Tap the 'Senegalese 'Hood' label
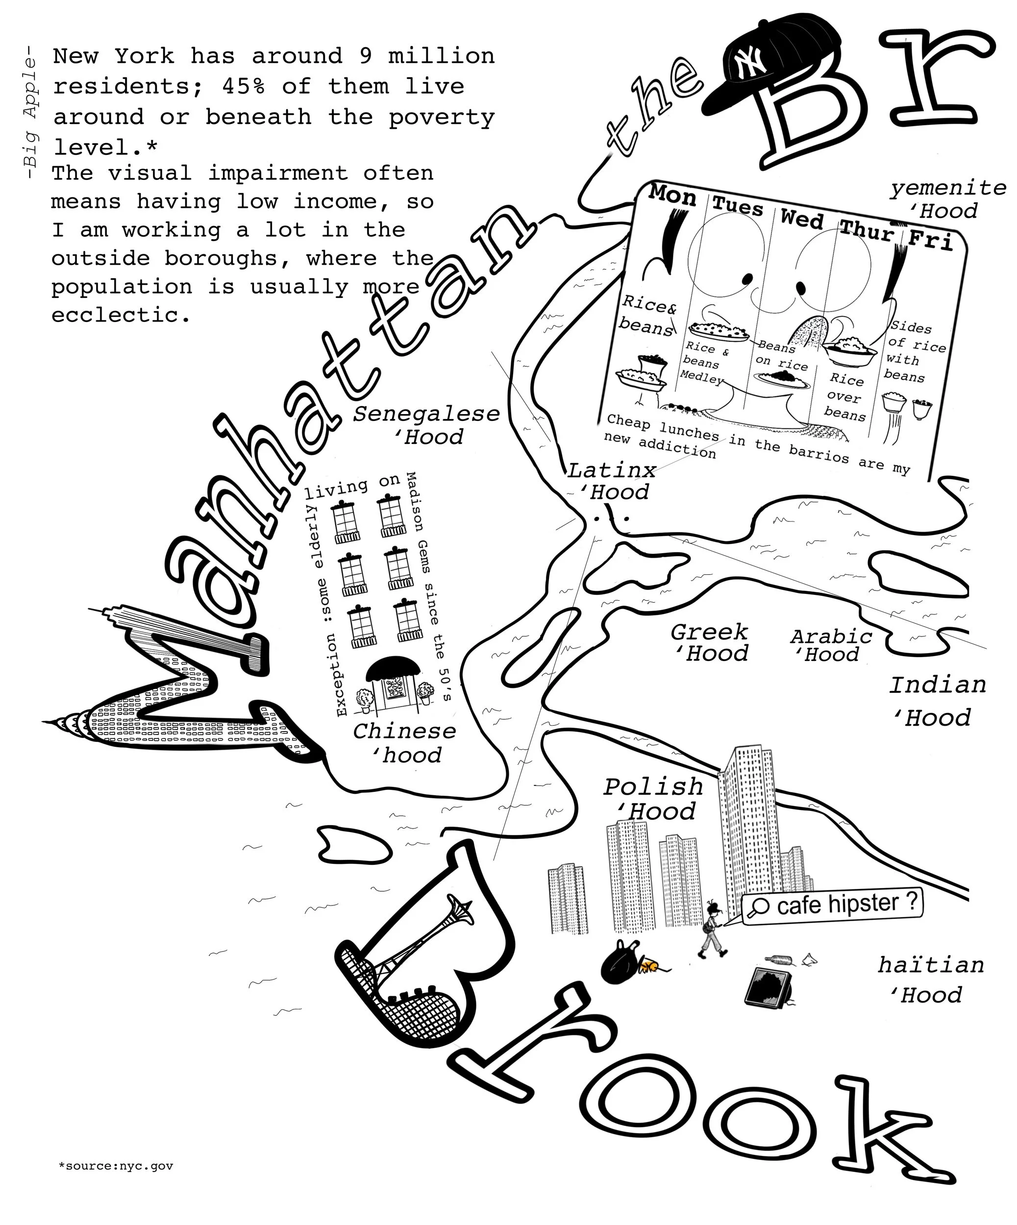pos(426,425)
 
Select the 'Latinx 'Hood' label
pos(612,481)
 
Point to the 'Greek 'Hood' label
pos(710,642)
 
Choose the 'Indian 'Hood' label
pos(937,701)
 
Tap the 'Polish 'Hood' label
pos(653,799)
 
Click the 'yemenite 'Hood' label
pos(947,199)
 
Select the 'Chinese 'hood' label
pos(404,742)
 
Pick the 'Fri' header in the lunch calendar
pos(930,240)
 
